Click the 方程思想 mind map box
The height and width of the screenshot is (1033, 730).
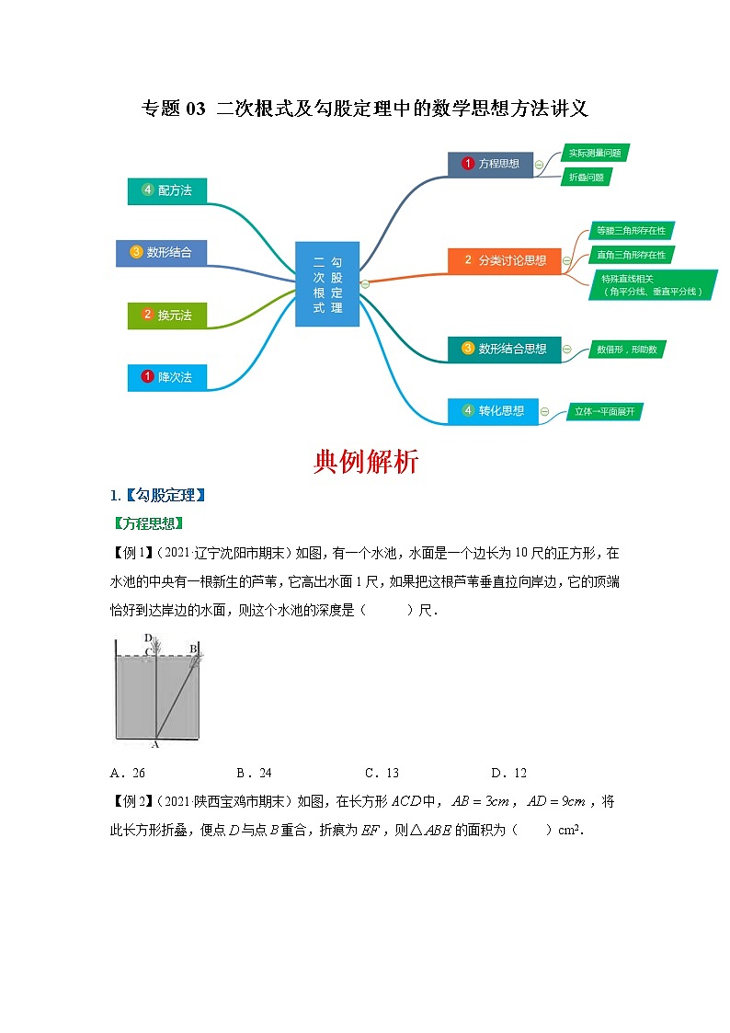pyautogui.click(x=490, y=165)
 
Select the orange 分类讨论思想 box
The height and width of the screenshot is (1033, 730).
pyautogui.click(x=504, y=260)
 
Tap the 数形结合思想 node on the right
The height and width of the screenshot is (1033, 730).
pyautogui.click(x=504, y=349)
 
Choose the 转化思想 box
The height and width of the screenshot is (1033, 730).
pyautogui.click(x=492, y=411)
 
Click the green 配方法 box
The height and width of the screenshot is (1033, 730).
pyautogui.click(x=166, y=190)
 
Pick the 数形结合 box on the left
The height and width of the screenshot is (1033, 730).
pyautogui.click(x=161, y=252)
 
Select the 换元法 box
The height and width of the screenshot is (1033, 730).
pyautogui.click(x=166, y=315)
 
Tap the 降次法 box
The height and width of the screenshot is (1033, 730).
pyautogui.click(x=166, y=377)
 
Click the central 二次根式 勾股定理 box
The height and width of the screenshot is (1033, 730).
pyautogui.click(x=327, y=283)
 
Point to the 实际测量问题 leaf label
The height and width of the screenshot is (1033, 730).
pyautogui.click(x=594, y=153)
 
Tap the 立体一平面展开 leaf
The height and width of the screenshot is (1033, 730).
pyautogui.click(x=602, y=411)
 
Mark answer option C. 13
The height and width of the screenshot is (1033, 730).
pyautogui.click(x=382, y=773)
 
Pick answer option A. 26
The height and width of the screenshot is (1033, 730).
pyautogui.click(x=127, y=773)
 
